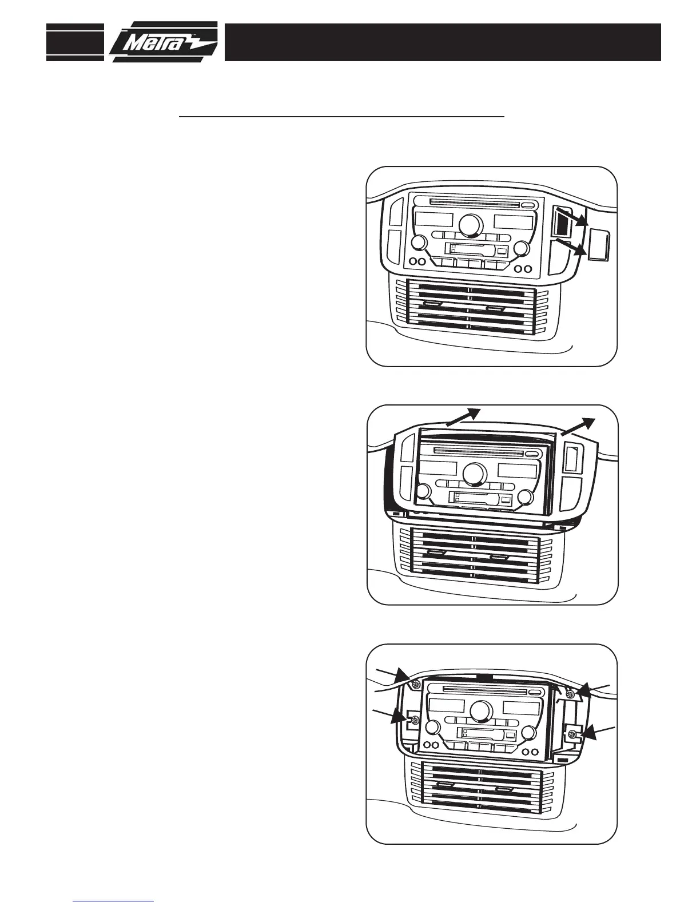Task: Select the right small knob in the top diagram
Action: (521, 248)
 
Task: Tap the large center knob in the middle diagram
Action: (475, 473)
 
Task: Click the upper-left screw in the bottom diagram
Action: (416, 685)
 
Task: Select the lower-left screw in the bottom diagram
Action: (413, 721)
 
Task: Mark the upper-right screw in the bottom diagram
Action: (570, 694)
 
